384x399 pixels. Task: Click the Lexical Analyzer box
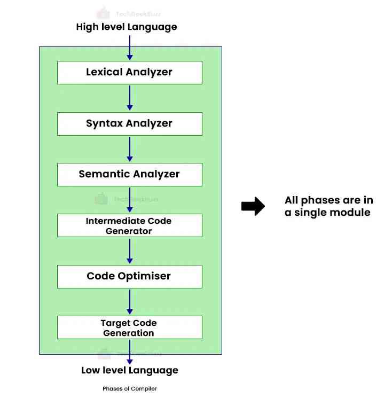tap(129, 73)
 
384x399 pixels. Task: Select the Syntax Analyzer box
tap(129, 123)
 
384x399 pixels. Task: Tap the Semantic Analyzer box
tap(129, 174)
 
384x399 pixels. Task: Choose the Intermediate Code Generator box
tap(129, 225)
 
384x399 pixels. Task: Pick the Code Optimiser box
tap(129, 276)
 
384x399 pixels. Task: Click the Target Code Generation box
tap(129, 327)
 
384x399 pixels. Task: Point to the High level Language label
tap(127, 27)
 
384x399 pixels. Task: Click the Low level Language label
tap(130, 370)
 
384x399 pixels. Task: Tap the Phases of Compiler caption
tap(130, 389)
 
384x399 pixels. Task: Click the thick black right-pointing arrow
tap(253, 206)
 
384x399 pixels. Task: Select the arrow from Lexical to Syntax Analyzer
tap(129, 98)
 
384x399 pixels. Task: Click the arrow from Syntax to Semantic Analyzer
tap(129, 148)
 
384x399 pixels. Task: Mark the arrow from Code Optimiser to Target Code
tap(129, 302)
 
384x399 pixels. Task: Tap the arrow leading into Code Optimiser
tap(129, 251)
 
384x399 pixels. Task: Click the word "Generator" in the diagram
tap(129, 231)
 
